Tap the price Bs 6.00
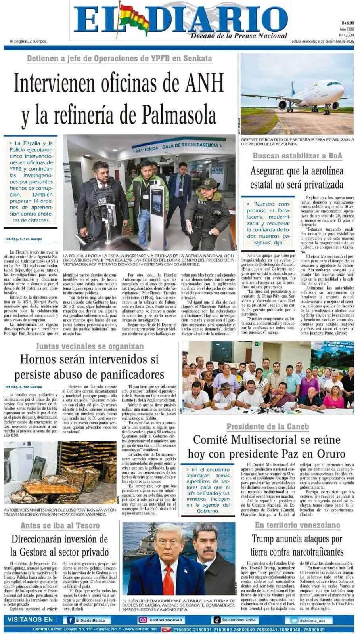pos(347,23)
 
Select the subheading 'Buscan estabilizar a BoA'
pos(297,156)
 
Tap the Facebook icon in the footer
pos(71,620)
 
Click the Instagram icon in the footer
pos(142,620)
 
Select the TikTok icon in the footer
pos(217,620)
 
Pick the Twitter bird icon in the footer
pos(294,620)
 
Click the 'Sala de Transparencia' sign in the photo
pos(196,145)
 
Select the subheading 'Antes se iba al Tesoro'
pos(60,525)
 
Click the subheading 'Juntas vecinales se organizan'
pos(90,346)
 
